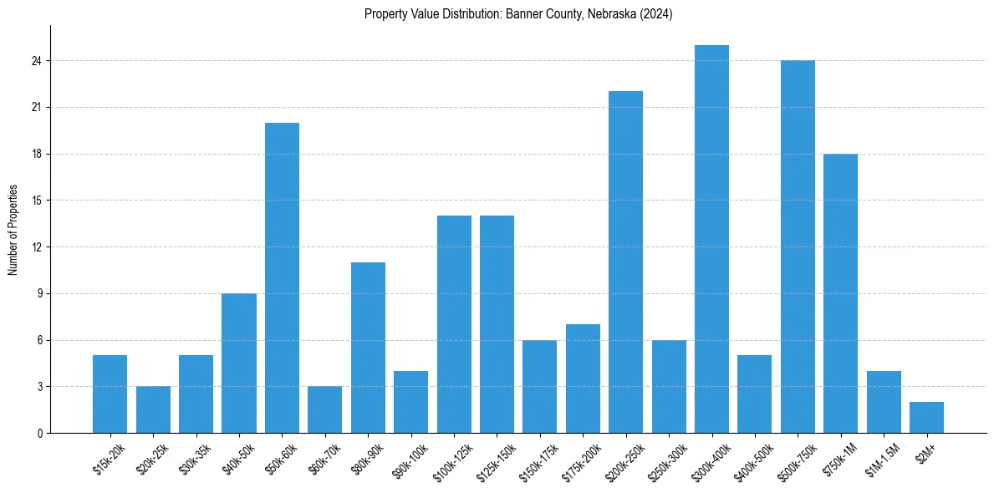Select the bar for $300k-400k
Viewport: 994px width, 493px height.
(711, 239)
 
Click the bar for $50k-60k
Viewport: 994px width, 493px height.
(282, 278)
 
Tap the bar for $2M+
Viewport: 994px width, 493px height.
(926, 418)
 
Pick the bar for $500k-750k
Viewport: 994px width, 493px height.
(798, 246)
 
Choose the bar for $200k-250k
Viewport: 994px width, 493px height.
(625, 262)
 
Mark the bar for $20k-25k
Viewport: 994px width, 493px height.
(153, 409)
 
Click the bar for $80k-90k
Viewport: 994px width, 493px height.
(368, 348)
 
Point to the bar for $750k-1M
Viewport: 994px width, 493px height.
(840, 293)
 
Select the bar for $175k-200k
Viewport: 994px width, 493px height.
(583, 379)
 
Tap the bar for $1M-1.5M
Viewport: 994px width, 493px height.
(884, 402)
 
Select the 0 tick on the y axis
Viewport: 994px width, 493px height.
(39, 433)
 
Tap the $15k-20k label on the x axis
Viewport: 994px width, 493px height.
(110, 460)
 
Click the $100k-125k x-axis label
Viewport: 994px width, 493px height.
(452, 463)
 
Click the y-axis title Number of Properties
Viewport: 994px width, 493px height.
(13, 229)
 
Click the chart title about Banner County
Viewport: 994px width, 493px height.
(518, 14)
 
